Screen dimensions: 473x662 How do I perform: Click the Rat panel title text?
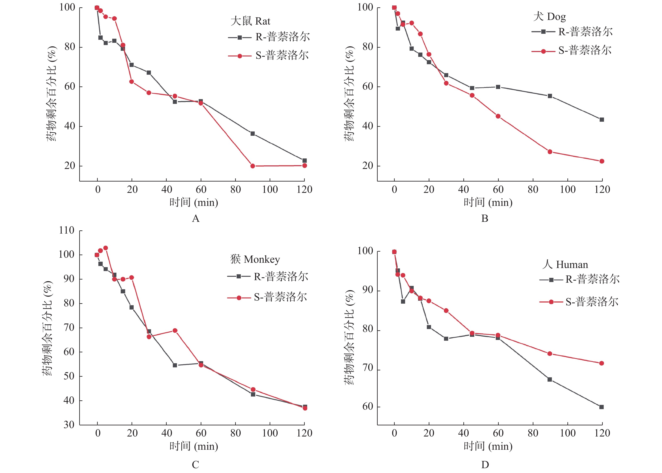click(250, 21)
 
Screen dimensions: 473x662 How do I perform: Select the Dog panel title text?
click(549, 17)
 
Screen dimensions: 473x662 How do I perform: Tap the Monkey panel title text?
click(255, 259)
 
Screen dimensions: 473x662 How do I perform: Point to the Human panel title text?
click(565, 264)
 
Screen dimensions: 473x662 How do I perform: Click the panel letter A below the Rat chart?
click(196, 218)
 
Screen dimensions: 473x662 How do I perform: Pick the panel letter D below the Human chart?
click(485, 465)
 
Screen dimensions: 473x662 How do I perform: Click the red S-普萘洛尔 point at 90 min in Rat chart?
click(253, 166)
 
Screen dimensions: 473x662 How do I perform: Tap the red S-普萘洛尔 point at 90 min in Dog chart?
click(550, 152)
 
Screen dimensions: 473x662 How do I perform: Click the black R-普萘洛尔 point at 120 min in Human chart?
click(601, 407)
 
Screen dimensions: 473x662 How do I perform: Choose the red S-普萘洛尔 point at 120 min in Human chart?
click(601, 363)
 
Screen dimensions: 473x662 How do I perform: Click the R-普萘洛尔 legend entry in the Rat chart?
click(269, 37)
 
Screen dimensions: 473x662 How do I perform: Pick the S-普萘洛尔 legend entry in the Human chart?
click(579, 302)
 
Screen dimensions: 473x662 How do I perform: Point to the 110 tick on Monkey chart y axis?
click(67, 231)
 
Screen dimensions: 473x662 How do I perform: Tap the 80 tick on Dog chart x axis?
click(533, 190)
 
